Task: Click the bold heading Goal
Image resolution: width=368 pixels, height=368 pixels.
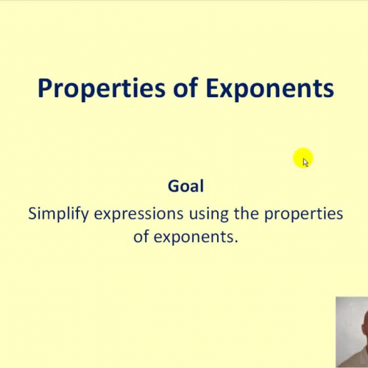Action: coord(185,186)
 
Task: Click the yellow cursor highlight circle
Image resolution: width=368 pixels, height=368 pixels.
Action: coord(302,158)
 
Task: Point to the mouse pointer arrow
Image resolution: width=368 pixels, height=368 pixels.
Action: coord(305,162)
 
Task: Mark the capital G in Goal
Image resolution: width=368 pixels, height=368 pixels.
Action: coord(174,186)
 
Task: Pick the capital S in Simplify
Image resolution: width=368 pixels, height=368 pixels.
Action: coord(32,213)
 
